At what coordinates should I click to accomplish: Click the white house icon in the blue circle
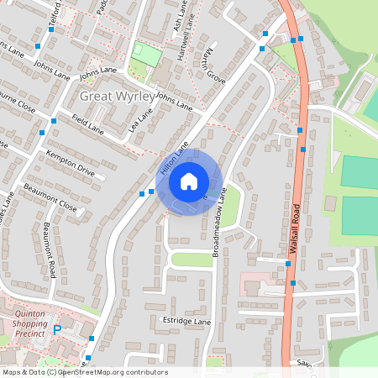coord(189,181)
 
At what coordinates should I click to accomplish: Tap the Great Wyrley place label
coord(117,97)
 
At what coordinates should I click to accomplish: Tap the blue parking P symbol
coord(57,331)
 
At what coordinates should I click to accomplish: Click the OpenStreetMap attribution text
coord(84,372)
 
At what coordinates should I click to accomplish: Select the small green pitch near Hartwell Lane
coord(148,55)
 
